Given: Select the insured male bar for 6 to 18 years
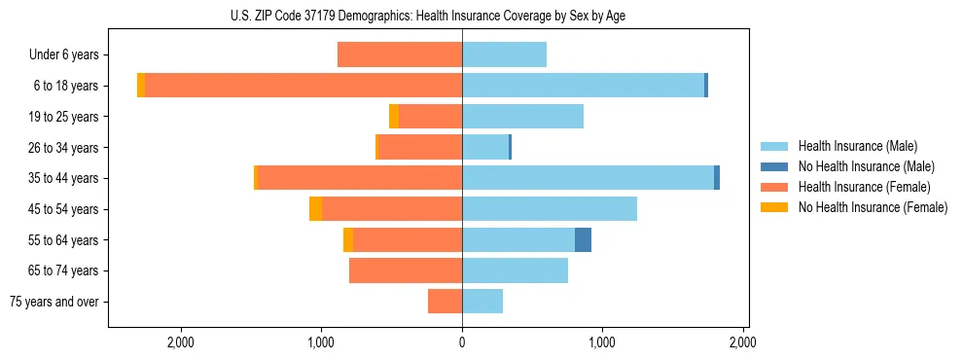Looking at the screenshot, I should [x=583, y=86].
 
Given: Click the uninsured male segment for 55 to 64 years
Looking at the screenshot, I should [x=583, y=239].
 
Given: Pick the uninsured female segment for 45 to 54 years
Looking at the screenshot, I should [x=315, y=208].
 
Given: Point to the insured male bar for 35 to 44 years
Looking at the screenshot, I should [x=588, y=178].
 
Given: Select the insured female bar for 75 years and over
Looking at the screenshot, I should [x=445, y=302].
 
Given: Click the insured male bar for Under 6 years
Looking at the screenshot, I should [x=504, y=54].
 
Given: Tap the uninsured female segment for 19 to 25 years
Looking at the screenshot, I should [x=394, y=117].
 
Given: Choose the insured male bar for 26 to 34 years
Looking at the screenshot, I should [x=485, y=147].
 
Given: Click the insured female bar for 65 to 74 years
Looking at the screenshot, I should [x=405, y=270].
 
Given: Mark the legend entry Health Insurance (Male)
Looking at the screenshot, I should [x=857, y=146].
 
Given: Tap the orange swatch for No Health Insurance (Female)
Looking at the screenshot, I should [x=774, y=207].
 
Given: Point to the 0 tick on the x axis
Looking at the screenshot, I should [x=462, y=342].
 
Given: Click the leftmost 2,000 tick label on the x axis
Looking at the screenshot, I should [x=181, y=342].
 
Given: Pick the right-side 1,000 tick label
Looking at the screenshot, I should [x=602, y=342].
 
